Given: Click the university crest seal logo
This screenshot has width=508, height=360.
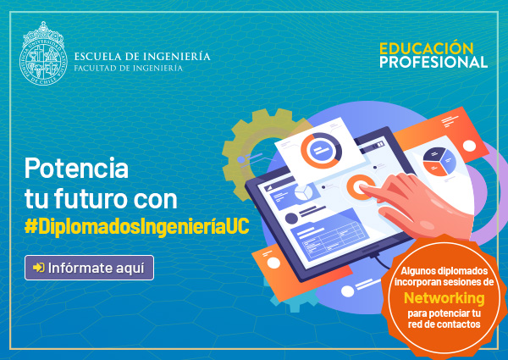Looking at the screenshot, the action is (43, 54).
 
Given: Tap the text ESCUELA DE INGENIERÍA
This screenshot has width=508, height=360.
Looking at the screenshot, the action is (142, 57).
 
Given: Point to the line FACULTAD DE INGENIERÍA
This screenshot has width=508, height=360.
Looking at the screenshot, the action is (129, 68).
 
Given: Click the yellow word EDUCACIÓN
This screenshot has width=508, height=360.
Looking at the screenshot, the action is (427, 48).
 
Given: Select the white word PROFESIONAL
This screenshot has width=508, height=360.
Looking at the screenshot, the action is (433, 62).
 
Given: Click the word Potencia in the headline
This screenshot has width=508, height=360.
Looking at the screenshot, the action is (76, 169).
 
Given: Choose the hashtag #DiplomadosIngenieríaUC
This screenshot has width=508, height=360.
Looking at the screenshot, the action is (137, 226).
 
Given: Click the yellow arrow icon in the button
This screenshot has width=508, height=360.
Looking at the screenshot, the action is (39, 268).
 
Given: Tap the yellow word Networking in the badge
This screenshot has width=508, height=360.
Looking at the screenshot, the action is (444, 298).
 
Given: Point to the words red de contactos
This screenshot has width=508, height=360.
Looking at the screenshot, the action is (444, 324).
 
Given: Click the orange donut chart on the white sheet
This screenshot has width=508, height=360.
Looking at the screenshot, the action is (322, 150).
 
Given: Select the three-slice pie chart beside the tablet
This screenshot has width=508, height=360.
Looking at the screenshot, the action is (439, 162).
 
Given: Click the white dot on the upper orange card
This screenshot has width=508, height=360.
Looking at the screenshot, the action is (469, 147).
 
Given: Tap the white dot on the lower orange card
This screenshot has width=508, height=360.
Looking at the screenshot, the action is (273, 263).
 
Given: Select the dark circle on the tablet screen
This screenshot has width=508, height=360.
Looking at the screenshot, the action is (291, 219).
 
